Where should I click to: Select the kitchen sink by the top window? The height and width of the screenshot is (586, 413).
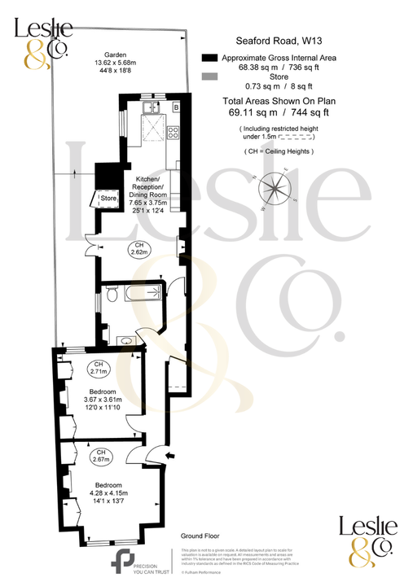pyautogui.click(x=152, y=106)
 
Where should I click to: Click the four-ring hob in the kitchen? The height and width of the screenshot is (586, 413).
pyautogui.click(x=173, y=130)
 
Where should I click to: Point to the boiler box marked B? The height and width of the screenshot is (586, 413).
pyautogui.click(x=175, y=107)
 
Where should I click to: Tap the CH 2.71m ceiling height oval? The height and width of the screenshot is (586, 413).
pyautogui.click(x=99, y=368)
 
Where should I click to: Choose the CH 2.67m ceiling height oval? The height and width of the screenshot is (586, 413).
pyautogui.click(x=102, y=456)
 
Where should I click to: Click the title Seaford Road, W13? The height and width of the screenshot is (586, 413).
pyautogui.click(x=273, y=38)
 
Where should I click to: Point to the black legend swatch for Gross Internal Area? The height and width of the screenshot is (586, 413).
pyautogui.click(x=209, y=58)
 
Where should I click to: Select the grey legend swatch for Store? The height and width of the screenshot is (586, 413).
pyautogui.click(x=209, y=77)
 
